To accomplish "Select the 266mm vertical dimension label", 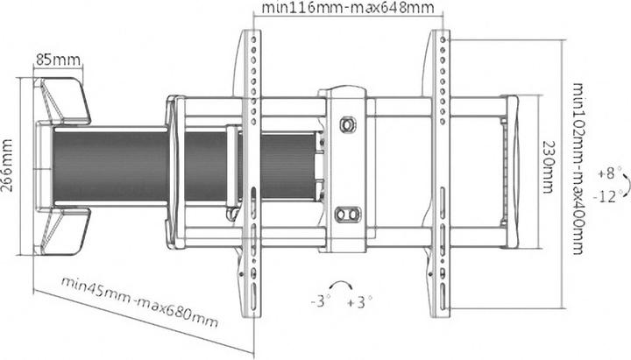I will pos(8,166).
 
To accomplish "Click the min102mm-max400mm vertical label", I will pos(578,166).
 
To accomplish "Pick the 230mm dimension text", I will pos(548,166).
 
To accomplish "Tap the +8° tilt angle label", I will pos(607,172).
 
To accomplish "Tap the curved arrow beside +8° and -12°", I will pos(625,183).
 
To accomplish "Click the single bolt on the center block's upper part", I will pos(348,124).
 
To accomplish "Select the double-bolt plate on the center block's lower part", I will pos(348,212).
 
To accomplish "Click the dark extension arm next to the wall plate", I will pos(105,166).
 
